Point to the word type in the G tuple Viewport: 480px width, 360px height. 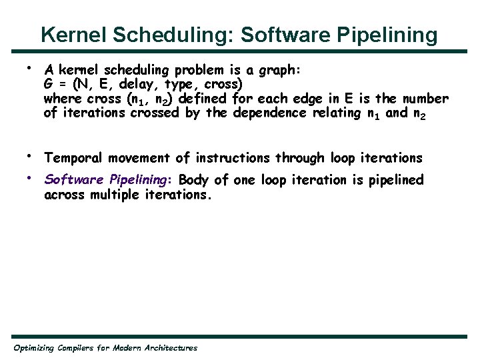pos(191,85)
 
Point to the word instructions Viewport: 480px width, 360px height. pos(232,158)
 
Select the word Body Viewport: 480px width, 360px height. pos(193,180)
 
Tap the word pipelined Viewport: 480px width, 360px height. pos(395,180)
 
